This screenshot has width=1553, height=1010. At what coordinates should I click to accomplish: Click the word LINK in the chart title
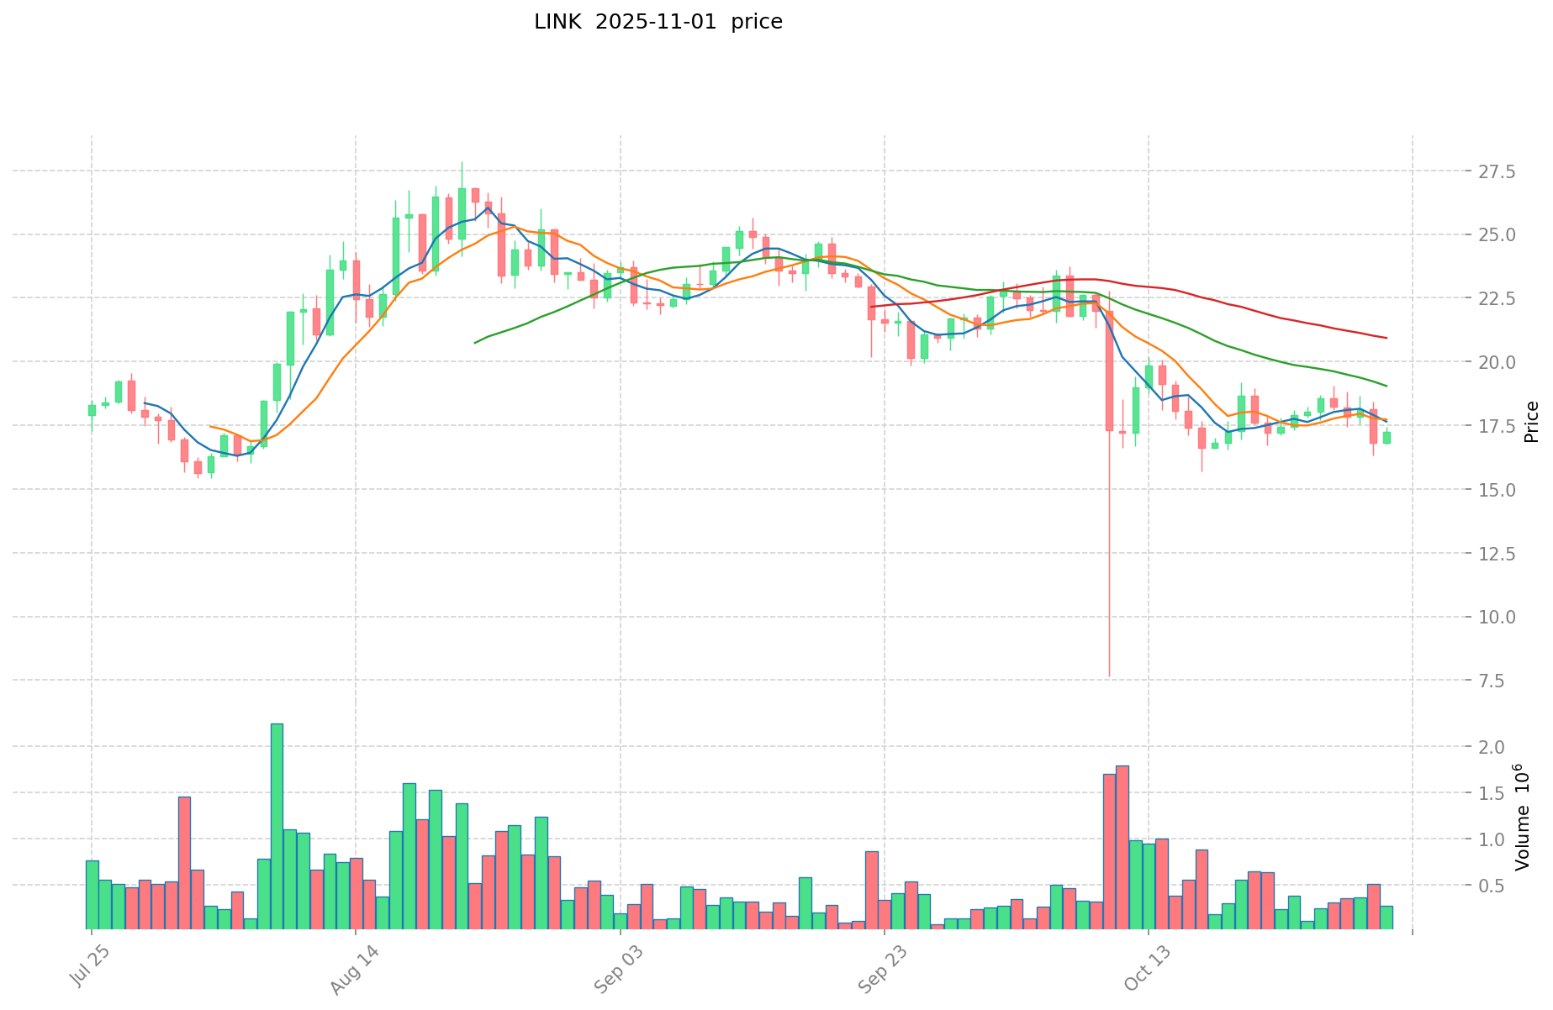557,22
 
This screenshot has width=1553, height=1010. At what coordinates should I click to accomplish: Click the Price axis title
1532,422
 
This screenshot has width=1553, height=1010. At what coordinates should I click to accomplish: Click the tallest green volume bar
277,825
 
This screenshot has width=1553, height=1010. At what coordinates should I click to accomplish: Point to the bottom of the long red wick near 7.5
1109,676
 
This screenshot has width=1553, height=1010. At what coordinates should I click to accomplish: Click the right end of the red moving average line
1387,338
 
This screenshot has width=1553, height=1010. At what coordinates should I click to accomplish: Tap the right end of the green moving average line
1387,387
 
